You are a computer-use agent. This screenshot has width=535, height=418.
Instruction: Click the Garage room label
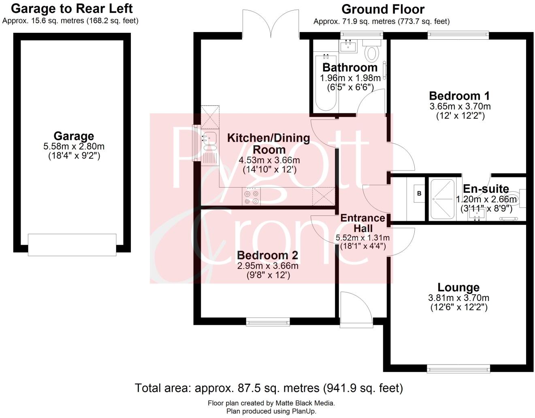point(74,136)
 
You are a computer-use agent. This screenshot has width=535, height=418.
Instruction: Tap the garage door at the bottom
point(72,245)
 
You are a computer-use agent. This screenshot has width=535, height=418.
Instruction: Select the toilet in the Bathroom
point(371,53)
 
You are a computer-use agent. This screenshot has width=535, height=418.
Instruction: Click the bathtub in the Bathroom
point(325,83)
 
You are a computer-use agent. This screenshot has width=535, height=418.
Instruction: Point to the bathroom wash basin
point(348,46)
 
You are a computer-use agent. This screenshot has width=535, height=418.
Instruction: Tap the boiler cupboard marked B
point(419,194)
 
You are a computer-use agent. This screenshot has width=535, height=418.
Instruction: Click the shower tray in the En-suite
point(442,199)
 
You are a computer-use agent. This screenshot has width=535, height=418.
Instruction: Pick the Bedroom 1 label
point(459,96)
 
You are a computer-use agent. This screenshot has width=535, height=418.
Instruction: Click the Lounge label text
point(458,288)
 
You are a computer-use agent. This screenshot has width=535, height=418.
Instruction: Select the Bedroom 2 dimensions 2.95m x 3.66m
point(268,266)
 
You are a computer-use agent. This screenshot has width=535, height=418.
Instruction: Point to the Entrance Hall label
point(362,223)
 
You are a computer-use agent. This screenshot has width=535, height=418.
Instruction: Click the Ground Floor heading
point(383,9)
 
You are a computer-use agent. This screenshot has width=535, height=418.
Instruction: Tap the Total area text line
point(269,388)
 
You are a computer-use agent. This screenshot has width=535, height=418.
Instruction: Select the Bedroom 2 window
point(268,322)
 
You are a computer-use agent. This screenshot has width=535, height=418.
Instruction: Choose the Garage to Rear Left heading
point(72,9)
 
